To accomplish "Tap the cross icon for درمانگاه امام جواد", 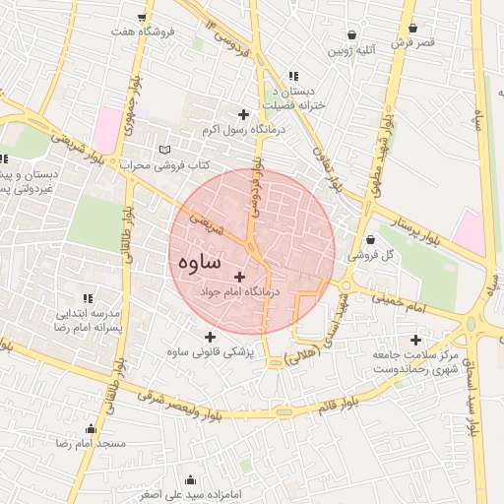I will tap(239, 278).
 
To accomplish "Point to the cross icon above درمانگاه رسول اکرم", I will tap(243, 115).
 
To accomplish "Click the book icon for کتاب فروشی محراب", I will tap(164, 150).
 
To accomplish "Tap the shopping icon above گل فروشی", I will tap(370, 239).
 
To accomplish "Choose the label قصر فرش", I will tap(412, 42).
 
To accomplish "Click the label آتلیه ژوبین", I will tap(353, 49).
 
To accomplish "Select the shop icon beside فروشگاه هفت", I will tap(143, 18).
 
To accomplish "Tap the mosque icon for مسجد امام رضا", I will tap(92, 428).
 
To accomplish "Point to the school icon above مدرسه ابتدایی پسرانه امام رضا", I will tap(88, 297).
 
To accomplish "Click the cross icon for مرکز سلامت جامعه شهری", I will tap(415, 340).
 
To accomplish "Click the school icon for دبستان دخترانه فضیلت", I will tap(292, 76).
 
